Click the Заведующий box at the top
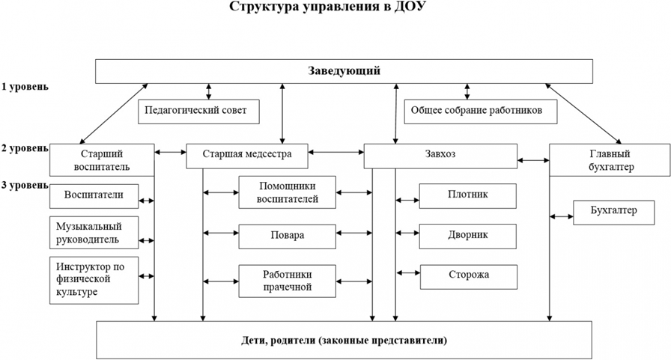coord(344,71)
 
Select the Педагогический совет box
coord(198,112)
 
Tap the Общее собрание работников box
coord(481,112)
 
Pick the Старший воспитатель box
coord(102,160)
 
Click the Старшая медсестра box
coord(247,156)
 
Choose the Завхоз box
coord(440,156)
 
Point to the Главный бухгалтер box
coord(610,160)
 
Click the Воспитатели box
coord(94,196)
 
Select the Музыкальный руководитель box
coord(94,233)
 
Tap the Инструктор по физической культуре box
coord(94,281)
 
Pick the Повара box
coord(287,237)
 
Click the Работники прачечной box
coord(287,281)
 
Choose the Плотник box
coord(468,196)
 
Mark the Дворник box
coord(468,237)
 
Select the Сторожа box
coord(469,277)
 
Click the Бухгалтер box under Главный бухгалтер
coord(613,213)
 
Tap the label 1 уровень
coord(25,87)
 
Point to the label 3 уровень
coord(25,185)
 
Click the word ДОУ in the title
coord(410,7)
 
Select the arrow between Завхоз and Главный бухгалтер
coord(533,160)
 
